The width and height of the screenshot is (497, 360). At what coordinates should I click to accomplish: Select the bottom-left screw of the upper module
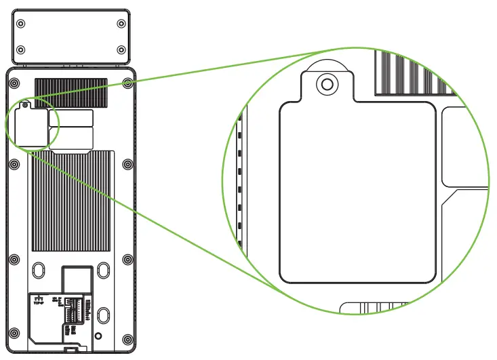(x=21, y=50)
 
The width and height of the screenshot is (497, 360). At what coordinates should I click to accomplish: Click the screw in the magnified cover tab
(x=327, y=84)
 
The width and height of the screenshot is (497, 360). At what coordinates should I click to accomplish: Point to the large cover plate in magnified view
(x=357, y=190)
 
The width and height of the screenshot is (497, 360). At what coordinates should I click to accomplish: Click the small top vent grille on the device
(x=71, y=92)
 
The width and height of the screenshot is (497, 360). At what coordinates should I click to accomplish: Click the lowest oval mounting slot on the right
(x=103, y=315)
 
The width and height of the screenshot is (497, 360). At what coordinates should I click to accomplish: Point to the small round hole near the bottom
(x=99, y=336)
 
